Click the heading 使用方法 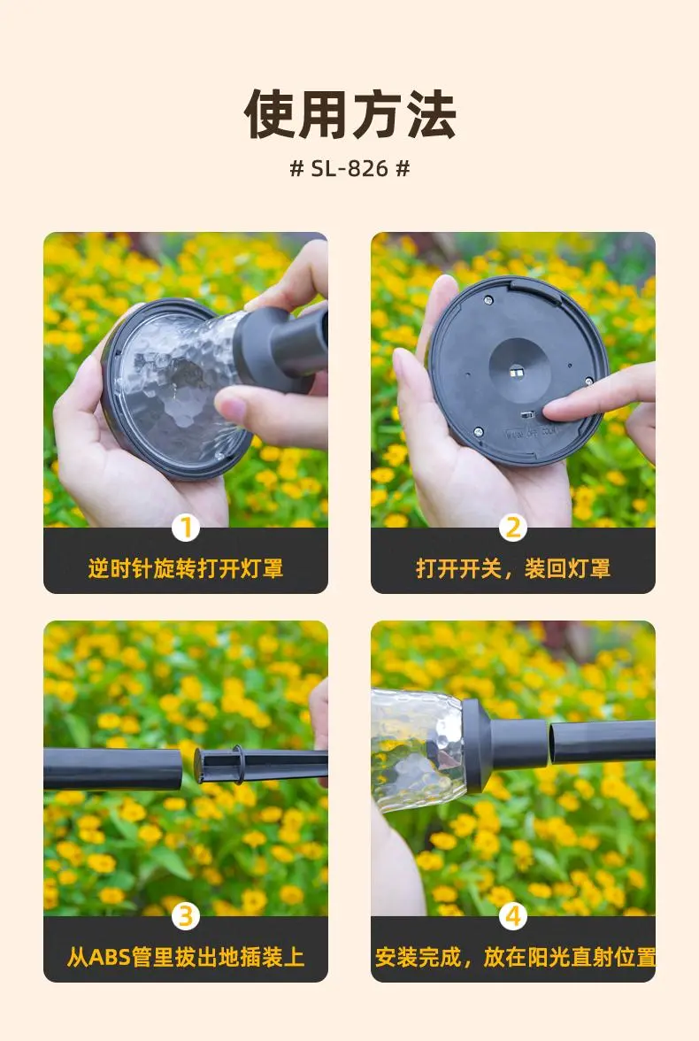349,114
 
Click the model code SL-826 349,168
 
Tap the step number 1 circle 186,528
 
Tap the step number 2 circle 513,528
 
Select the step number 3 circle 186,917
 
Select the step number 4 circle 513,917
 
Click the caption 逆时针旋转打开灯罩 186,569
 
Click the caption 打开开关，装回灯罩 513,569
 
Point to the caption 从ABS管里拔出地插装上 186,958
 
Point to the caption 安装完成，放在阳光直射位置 515,958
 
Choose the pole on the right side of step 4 602,742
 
